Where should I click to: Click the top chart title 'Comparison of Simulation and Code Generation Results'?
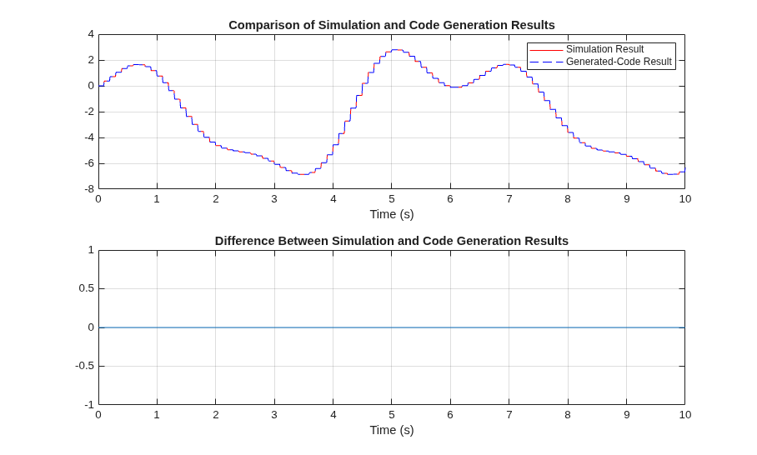[x=392, y=25]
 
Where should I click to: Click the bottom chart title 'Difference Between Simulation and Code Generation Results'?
[x=392, y=241]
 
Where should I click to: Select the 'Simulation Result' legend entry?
[x=605, y=49]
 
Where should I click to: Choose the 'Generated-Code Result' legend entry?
[x=619, y=62]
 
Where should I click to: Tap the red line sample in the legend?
[x=547, y=50]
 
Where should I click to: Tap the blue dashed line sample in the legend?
[x=547, y=62]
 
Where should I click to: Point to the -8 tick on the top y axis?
[x=89, y=189]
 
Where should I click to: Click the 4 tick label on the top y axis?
[x=91, y=34]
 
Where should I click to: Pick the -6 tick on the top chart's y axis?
[x=89, y=163]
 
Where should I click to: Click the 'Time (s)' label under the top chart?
[x=392, y=214]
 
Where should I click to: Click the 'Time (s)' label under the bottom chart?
[x=392, y=430]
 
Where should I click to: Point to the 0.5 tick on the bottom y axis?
[x=87, y=288]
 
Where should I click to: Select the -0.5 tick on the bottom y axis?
[x=85, y=366]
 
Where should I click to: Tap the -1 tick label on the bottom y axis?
[x=89, y=405]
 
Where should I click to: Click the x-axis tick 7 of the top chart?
[x=509, y=199]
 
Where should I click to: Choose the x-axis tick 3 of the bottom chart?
[x=274, y=414]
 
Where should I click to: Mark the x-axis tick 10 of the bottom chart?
[x=685, y=414]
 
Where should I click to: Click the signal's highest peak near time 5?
[x=397, y=50]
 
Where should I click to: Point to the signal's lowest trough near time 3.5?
[x=303, y=174]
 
